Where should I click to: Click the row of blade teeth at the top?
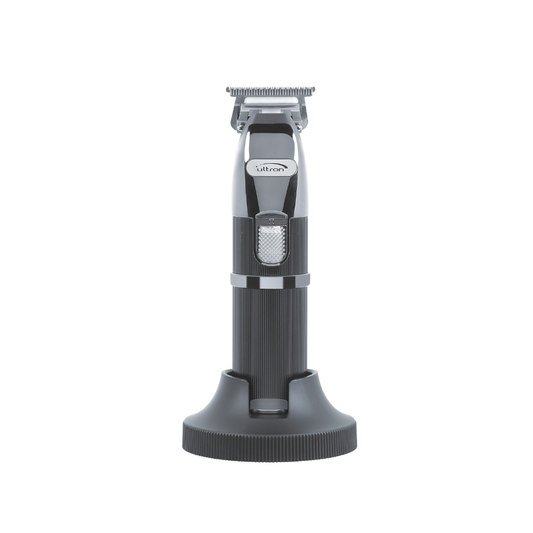(266, 91)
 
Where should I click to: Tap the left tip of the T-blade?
(229, 92)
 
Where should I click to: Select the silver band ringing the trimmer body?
(268, 279)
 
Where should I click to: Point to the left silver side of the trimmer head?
(242, 170)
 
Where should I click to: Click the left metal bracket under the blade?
(240, 116)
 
